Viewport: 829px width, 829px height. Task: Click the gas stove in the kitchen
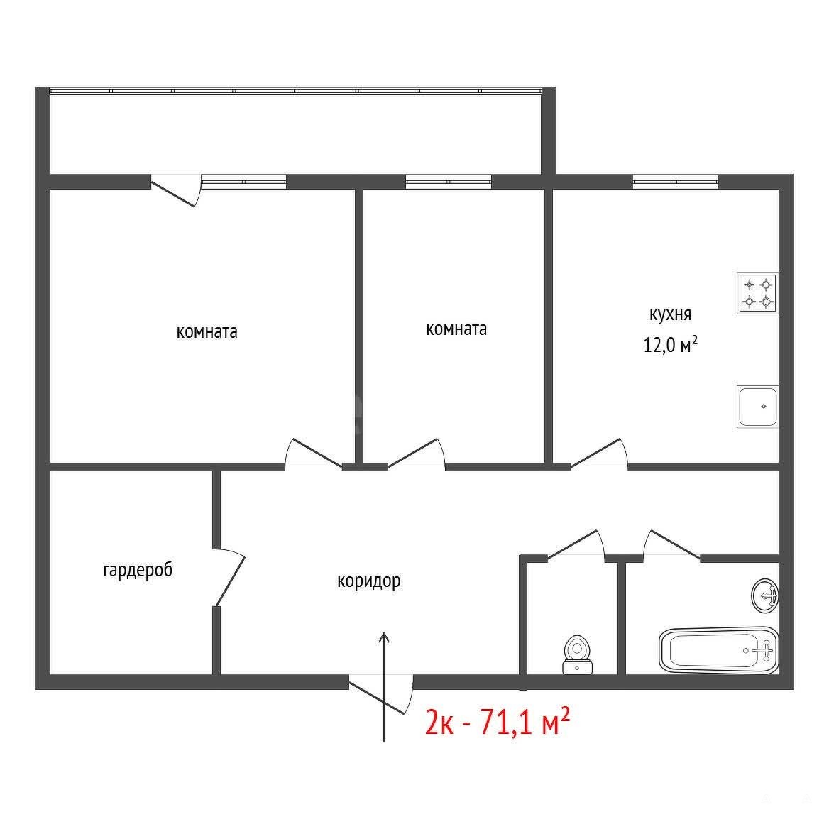click(x=757, y=293)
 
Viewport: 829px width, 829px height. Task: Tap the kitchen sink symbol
click(x=757, y=407)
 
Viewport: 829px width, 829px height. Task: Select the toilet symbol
click(x=577, y=655)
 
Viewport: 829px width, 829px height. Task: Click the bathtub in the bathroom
click(x=718, y=650)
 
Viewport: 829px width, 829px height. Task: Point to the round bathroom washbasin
click(x=765, y=596)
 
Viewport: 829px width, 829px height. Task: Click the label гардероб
click(x=138, y=571)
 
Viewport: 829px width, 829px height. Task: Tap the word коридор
click(x=368, y=581)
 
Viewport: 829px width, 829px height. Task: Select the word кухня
click(x=670, y=314)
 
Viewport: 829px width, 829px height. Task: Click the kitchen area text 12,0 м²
click(x=670, y=345)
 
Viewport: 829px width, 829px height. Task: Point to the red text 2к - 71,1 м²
click(x=498, y=723)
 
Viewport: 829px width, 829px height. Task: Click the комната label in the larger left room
click(x=207, y=332)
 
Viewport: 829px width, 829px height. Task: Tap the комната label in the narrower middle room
click(x=456, y=329)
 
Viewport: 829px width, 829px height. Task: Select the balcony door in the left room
click(x=176, y=190)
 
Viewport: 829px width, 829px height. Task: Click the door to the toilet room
click(x=576, y=544)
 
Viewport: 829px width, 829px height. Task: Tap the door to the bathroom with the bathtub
click(x=672, y=544)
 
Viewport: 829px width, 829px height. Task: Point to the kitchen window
click(x=675, y=182)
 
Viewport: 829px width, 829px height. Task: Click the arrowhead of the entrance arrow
click(x=384, y=637)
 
